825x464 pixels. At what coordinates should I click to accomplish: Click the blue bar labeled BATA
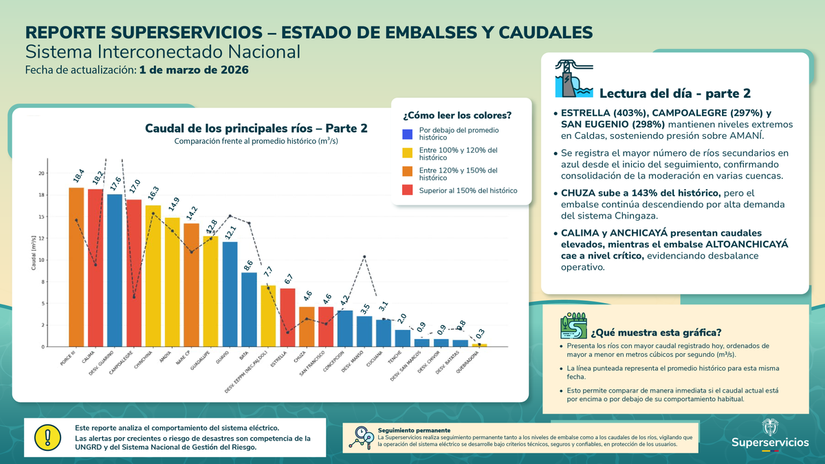[x=249, y=310]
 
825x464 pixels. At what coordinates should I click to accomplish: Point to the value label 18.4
[x=78, y=177]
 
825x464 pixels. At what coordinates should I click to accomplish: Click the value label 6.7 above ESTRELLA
[x=289, y=278]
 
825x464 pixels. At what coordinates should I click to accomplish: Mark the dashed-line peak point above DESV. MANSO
[x=364, y=256]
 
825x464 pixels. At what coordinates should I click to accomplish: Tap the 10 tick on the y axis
[x=41, y=261]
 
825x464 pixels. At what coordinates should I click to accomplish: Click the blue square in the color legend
[x=407, y=133]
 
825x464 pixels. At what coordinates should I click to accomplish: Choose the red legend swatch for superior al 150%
[x=407, y=190]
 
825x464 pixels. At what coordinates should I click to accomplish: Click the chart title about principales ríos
[x=256, y=129]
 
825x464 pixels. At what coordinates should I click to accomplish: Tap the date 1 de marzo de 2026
[x=193, y=70]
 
